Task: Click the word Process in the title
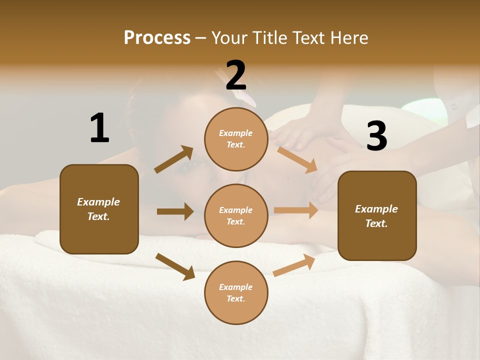pos(157,38)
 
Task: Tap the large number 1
pos(99,128)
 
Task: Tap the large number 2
pos(236,75)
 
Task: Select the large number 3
pos(376,136)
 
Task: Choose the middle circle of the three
pos(236,215)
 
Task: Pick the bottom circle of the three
pos(236,292)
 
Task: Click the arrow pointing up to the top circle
pos(174,159)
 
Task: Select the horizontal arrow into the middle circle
pos(175,211)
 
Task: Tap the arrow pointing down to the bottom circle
pos(175,266)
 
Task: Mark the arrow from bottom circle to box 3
pos(294,265)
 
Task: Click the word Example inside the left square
pos(98,202)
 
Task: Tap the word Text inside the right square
pos(376,223)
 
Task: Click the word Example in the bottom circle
pos(235,287)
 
